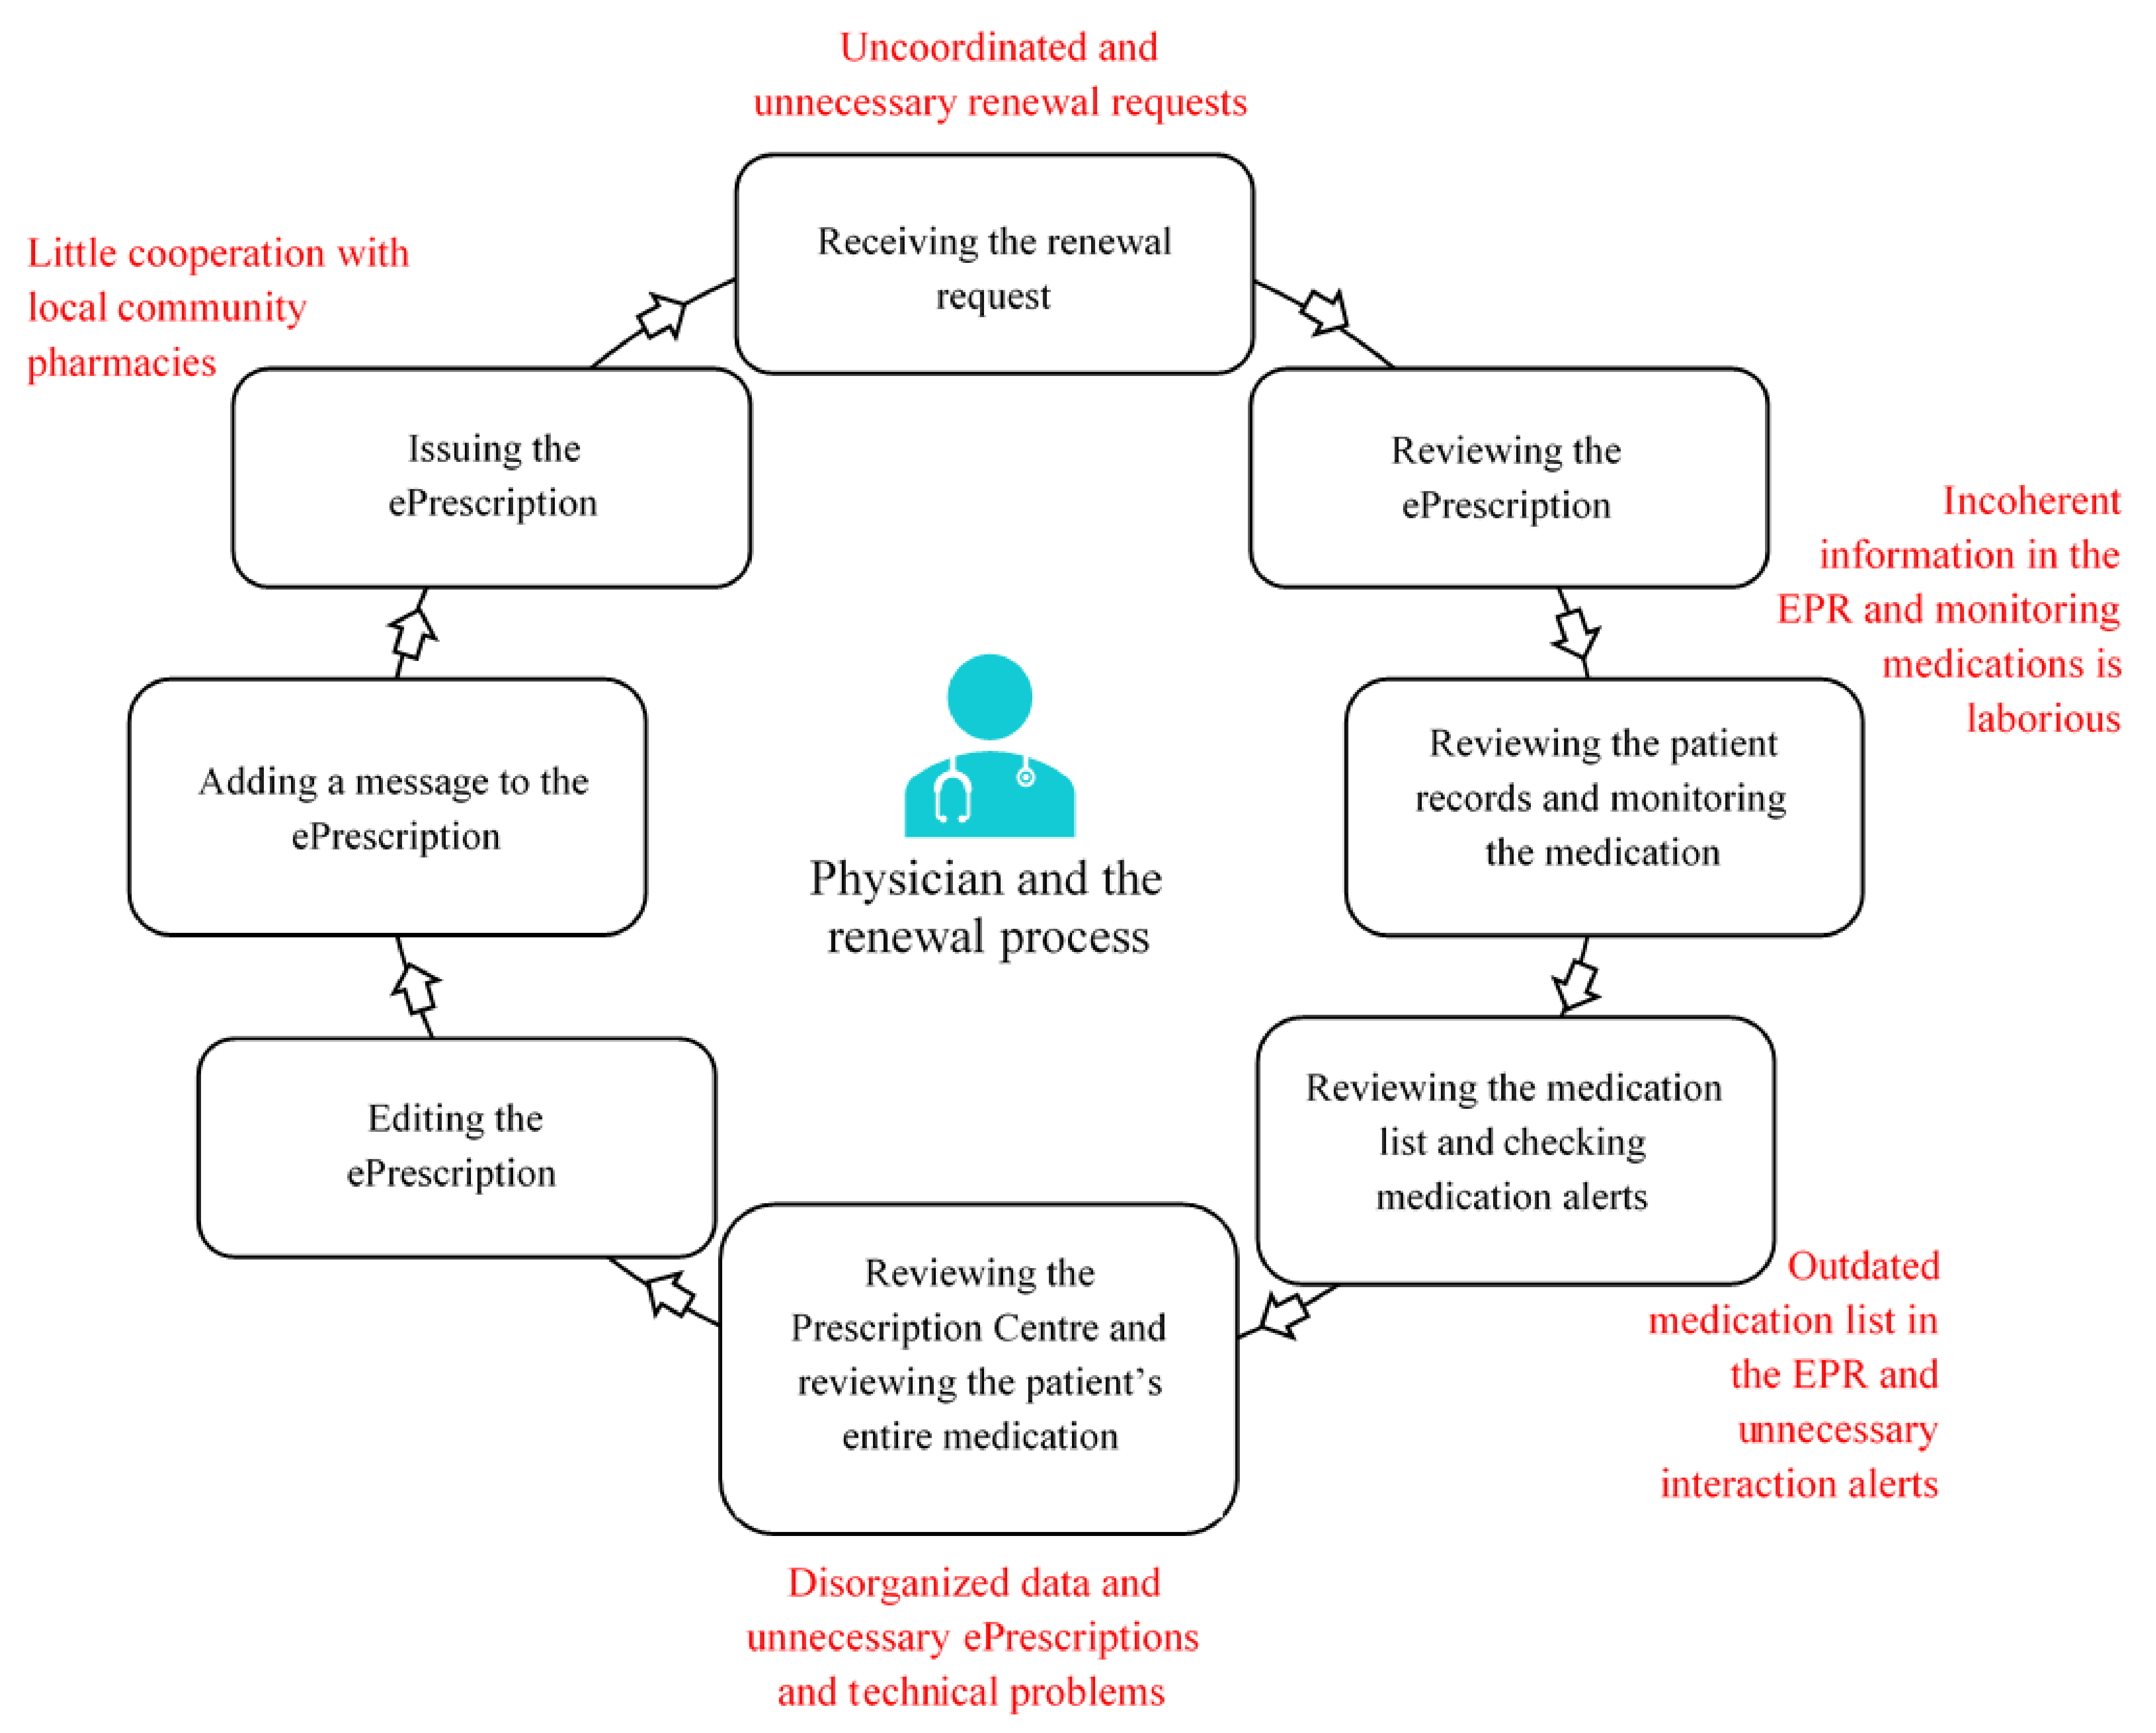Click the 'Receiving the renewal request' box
click(994, 264)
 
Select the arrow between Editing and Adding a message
click(415, 987)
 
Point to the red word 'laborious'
click(2043, 718)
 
